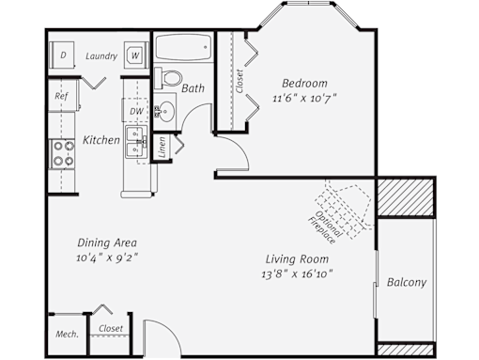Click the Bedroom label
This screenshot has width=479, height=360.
(x=304, y=84)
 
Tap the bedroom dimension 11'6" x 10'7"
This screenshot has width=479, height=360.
(x=304, y=99)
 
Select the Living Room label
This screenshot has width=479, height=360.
(x=297, y=259)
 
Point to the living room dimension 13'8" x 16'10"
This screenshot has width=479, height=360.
(x=297, y=274)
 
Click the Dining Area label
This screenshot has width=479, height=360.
(x=107, y=243)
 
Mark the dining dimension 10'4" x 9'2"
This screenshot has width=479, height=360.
(x=107, y=258)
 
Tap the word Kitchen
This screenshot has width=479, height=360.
(x=101, y=140)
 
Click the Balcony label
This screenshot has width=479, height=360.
(x=407, y=282)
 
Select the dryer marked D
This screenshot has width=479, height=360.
(x=62, y=55)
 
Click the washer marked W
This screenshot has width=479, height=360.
(x=136, y=55)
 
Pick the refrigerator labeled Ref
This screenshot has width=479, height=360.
(x=63, y=96)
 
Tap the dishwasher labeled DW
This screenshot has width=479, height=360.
(x=135, y=110)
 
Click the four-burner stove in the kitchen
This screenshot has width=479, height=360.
(x=63, y=154)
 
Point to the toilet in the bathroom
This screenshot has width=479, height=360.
(x=168, y=77)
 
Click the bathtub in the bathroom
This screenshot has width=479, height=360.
(x=183, y=47)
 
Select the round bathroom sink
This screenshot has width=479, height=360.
(x=165, y=111)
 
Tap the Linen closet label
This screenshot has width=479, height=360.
(x=162, y=147)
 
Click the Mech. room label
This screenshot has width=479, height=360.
(x=67, y=335)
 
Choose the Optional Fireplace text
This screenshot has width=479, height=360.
(x=325, y=227)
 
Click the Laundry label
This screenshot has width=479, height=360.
(x=101, y=56)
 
